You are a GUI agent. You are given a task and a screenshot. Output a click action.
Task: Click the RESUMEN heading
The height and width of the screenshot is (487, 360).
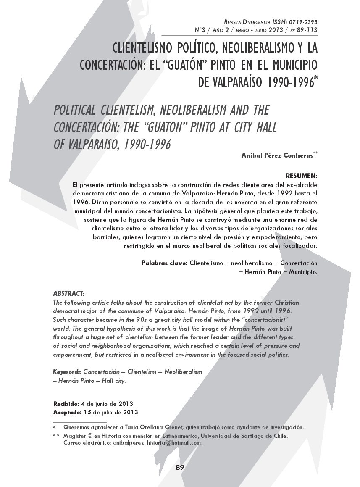click(x=301, y=175)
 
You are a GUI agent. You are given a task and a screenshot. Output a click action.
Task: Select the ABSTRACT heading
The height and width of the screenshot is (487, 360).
click(x=69, y=293)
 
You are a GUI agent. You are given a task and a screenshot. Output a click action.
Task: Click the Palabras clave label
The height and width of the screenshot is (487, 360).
click(x=164, y=263)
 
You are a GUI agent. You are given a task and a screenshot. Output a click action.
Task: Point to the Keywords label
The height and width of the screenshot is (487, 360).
click(x=67, y=372)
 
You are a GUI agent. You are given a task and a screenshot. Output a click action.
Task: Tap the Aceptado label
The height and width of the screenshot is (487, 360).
click(x=67, y=412)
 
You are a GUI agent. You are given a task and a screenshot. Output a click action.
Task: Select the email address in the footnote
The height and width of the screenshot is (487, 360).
click(x=157, y=443)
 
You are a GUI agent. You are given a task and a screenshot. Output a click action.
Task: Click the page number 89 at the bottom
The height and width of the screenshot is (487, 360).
click(x=180, y=468)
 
